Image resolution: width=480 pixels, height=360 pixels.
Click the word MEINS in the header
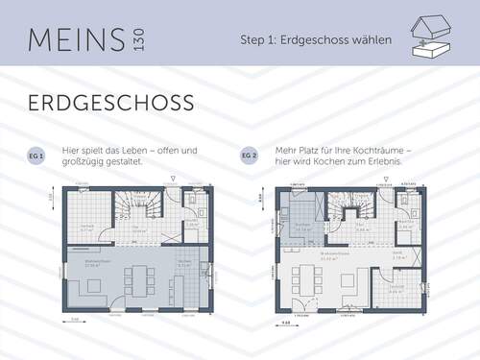68,39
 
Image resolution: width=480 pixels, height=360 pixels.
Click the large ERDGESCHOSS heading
110,103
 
